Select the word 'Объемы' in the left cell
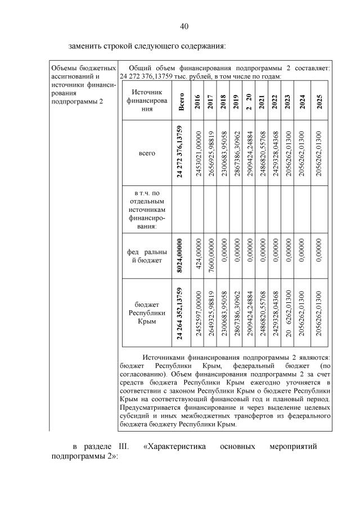pyautogui.click(x=65, y=68)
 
